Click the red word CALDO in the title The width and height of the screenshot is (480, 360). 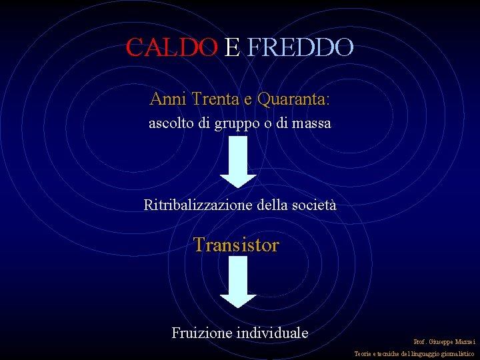[x=171, y=47]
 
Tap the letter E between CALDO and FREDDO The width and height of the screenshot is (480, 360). [x=232, y=47]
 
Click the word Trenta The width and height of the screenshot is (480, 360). [x=212, y=99]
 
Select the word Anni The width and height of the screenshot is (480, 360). [x=168, y=99]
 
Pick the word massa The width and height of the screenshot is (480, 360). [x=311, y=123]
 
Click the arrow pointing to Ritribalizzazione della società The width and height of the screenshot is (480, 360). [x=238, y=163]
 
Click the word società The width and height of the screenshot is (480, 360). [x=314, y=205]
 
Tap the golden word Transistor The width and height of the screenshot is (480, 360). [x=237, y=245]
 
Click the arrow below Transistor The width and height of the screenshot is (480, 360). [x=238, y=282]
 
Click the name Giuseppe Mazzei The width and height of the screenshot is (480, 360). [x=452, y=341]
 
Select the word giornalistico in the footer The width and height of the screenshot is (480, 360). [x=456, y=353]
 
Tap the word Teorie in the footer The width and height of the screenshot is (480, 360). [x=364, y=353]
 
